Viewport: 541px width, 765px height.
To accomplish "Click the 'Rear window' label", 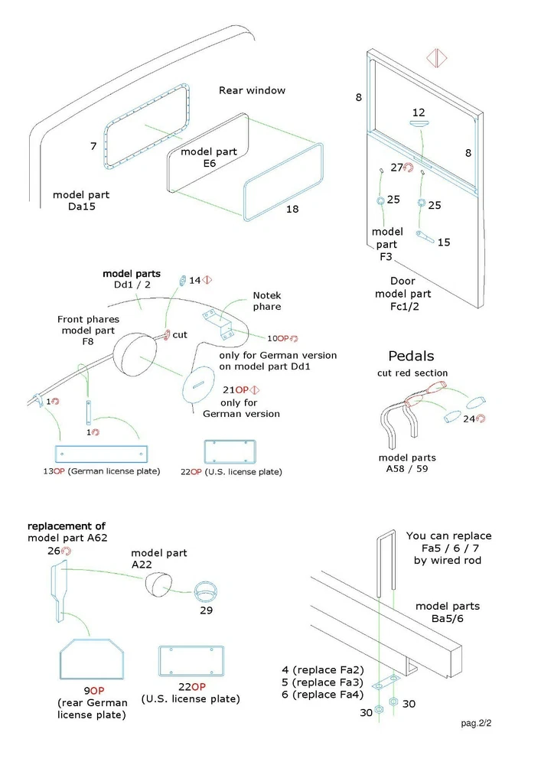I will [252, 90].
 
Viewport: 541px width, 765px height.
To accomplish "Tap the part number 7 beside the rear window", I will [93, 145].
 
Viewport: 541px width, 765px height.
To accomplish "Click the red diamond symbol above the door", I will [435, 60].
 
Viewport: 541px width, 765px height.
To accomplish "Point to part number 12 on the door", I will [418, 112].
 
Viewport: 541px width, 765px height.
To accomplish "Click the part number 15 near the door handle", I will [444, 242].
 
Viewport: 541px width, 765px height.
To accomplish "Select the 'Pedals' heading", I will [411, 356].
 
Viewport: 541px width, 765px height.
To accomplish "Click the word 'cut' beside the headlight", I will [180, 334].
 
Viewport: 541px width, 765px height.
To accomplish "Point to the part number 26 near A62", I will [54, 551].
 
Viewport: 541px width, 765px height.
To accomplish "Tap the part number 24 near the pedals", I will [468, 418].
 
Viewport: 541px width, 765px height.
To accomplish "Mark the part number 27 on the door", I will [396, 168].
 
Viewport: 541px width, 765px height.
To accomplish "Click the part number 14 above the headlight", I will [194, 281].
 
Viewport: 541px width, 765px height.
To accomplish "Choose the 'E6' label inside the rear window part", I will [210, 164].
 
